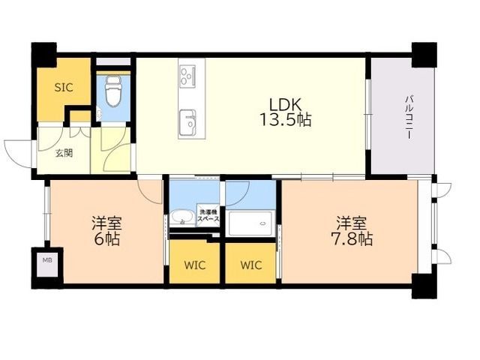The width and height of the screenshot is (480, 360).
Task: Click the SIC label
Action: (x=64, y=88)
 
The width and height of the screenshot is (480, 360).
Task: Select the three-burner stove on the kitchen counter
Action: (x=187, y=75)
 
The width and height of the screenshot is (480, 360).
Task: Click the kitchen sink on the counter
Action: (x=187, y=121)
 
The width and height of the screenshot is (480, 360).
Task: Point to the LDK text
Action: (x=285, y=105)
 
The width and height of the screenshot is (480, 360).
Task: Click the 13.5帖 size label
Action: (x=285, y=120)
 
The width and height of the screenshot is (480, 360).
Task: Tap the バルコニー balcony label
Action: (x=408, y=117)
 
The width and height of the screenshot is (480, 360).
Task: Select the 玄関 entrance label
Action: (x=64, y=153)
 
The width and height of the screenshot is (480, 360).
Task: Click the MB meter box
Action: (x=47, y=260)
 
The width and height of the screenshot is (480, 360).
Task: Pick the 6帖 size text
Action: (x=106, y=239)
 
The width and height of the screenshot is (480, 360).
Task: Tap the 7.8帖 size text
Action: (x=352, y=239)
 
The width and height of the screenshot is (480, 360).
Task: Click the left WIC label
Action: (x=194, y=265)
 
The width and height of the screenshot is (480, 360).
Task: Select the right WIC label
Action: (x=251, y=265)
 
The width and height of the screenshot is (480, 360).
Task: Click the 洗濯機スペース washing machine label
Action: (x=208, y=216)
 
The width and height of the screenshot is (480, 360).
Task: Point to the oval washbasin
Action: (x=181, y=217)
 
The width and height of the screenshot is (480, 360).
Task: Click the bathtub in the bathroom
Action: (x=250, y=223)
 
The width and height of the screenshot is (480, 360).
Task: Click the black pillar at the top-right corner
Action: (x=424, y=55)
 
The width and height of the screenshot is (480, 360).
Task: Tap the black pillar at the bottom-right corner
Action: (x=424, y=286)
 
